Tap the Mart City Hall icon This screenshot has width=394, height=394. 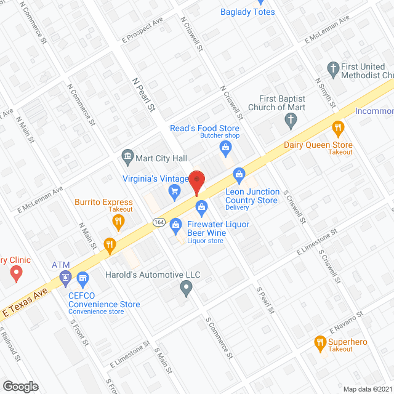tap(128, 155)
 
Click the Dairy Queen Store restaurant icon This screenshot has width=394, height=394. tap(337, 129)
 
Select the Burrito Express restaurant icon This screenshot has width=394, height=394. tap(119, 221)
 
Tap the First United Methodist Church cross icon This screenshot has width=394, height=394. tap(333, 68)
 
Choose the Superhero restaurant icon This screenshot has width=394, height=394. tap(320, 342)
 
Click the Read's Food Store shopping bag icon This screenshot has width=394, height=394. tap(226, 147)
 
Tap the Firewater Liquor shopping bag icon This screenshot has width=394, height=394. tap(175, 225)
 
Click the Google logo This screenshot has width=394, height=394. tap(20, 386)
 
